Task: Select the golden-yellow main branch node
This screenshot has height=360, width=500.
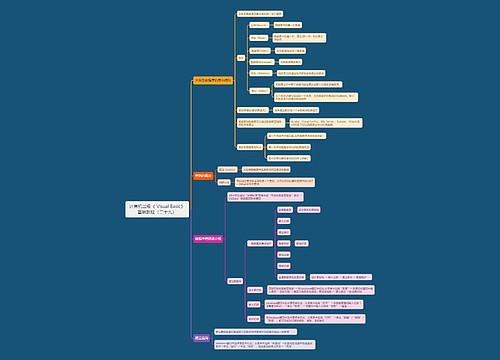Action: pyautogui.click(x=212, y=79)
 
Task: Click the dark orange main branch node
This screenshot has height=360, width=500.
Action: pyautogui.click(x=202, y=174)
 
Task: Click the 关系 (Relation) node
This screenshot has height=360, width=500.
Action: pyautogui.click(x=259, y=73)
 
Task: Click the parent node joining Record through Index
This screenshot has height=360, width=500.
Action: pyautogui.click(x=241, y=57)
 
